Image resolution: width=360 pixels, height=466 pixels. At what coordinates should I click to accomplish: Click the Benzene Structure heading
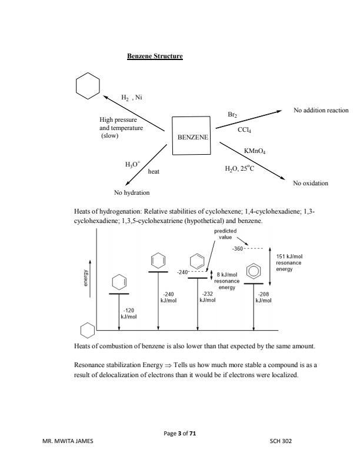[x=155, y=56]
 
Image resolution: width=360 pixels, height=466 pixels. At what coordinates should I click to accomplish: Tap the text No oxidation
[x=311, y=183]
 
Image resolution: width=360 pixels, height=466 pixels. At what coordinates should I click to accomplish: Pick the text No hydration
[x=132, y=192]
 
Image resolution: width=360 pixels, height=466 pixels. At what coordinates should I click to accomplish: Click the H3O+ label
[x=132, y=164]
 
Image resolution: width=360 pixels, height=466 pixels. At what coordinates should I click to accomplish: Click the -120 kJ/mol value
[x=128, y=312]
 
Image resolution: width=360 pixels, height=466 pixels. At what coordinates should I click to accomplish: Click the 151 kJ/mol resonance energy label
[x=288, y=262]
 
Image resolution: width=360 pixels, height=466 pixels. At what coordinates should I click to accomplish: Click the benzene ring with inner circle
[x=254, y=271]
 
